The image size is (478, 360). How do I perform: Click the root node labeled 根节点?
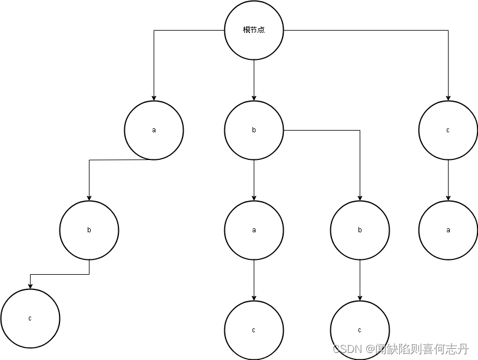pos(254,30)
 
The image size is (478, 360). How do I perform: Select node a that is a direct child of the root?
pos(154,130)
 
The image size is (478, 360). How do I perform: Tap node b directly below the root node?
pos(254,130)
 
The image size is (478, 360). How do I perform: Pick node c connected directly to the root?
pos(448,130)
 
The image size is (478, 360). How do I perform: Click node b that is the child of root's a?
pos(89,230)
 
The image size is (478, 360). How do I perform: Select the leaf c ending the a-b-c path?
pos(30,318)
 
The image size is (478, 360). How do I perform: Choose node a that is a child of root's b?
pos(254,230)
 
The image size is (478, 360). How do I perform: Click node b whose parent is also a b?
pos(360,230)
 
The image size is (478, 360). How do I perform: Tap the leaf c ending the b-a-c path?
pos(254,330)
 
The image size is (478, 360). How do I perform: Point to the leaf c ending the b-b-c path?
pos(360,330)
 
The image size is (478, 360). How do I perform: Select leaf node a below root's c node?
pos(448,230)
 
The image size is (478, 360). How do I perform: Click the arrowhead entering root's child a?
pos(154,98)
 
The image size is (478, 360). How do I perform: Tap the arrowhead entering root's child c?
pos(448,98)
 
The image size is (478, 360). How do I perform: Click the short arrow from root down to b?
pos(254,80)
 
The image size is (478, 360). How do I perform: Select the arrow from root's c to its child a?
pos(448,180)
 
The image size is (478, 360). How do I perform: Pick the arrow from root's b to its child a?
pos(254,180)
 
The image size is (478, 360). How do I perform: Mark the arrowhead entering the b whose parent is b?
pos(360,198)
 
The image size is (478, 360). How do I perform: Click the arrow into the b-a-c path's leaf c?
pos(254,280)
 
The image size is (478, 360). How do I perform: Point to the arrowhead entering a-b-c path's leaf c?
pos(30,286)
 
